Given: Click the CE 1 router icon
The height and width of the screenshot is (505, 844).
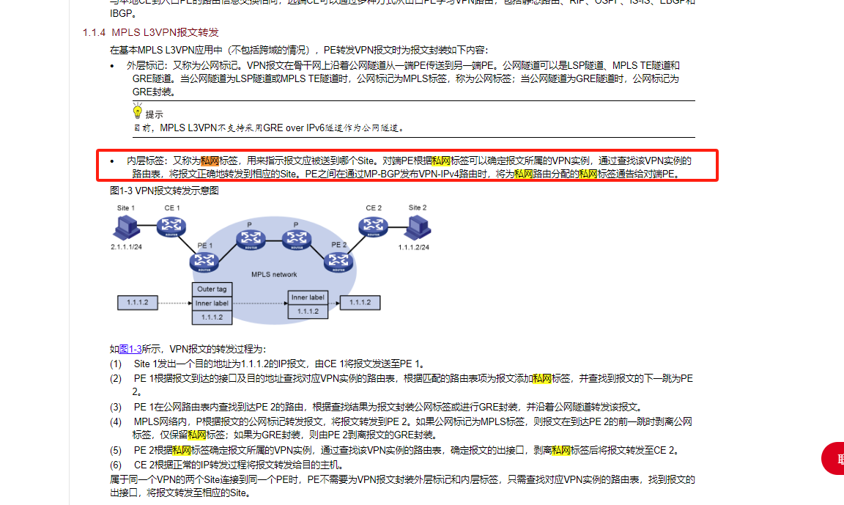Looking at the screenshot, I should pyautogui.click(x=171, y=227).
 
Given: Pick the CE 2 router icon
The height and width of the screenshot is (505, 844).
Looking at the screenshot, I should pyautogui.click(x=374, y=227).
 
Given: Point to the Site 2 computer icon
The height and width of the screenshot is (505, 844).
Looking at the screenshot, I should pyautogui.click(x=417, y=229).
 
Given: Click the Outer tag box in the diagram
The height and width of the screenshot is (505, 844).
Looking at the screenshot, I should pyautogui.click(x=212, y=290).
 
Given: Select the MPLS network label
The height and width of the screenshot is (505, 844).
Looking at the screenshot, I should pyautogui.click(x=274, y=274).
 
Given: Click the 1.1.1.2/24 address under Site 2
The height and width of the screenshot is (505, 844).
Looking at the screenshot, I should pyautogui.click(x=413, y=248).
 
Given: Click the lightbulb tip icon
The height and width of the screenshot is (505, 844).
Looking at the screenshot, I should pyautogui.click(x=137, y=112).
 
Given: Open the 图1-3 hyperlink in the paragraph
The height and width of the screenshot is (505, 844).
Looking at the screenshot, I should pyautogui.click(x=130, y=349).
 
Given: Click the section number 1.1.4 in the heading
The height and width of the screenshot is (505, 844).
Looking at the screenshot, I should pyautogui.click(x=95, y=33).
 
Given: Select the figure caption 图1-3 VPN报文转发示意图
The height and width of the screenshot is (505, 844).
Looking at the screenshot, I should pyautogui.click(x=164, y=191).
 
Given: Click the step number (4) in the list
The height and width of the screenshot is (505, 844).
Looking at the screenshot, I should pyautogui.click(x=116, y=421).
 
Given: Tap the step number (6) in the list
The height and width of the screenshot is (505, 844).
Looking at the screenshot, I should pyautogui.click(x=116, y=465).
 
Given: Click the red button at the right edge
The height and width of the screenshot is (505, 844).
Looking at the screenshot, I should pyautogui.click(x=834, y=459).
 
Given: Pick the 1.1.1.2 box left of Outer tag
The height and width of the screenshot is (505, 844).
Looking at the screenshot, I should pyautogui.click(x=138, y=303).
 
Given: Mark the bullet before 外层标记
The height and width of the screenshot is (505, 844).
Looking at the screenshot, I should pyautogui.click(x=112, y=66).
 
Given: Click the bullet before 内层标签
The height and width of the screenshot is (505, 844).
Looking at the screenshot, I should pyautogui.click(x=112, y=161).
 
